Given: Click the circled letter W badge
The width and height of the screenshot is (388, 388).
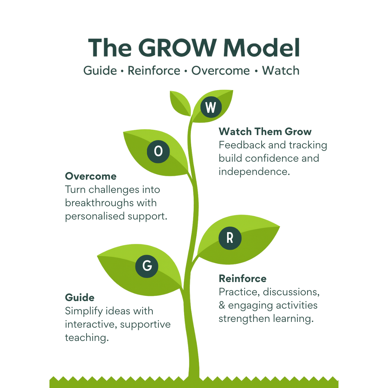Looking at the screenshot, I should click(x=211, y=107).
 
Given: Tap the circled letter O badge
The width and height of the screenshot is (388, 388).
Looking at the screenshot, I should click(x=158, y=152).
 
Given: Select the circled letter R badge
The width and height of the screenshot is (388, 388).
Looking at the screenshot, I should click(x=230, y=238).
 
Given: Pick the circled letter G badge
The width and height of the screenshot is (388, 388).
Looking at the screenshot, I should click(x=147, y=266).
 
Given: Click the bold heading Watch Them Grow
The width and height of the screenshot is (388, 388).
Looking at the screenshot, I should click(x=265, y=131).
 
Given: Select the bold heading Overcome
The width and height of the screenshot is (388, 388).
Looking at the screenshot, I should click(x=91, y=176).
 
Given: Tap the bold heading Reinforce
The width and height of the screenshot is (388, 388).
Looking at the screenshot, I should click(x=242, y=278).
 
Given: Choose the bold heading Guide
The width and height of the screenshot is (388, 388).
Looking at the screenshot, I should click(x=80, y=297).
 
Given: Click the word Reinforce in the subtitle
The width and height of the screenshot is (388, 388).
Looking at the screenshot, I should click(x=154, y=71).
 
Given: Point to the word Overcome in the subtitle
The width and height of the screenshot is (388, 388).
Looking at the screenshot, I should click(x=220, y=71).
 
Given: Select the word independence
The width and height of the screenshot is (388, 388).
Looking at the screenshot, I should click(x=254, y=172).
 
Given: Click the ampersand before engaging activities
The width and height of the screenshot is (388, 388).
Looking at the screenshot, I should click(x=222, y=306).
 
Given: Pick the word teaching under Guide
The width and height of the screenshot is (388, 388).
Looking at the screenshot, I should click(x=86, y=338).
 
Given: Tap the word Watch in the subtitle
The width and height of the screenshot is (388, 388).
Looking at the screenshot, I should click(x=281, y=71).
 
